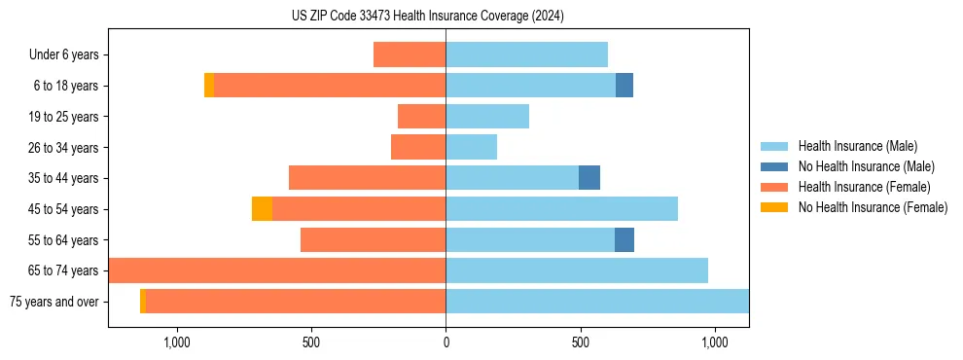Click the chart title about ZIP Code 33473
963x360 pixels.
pyautogui.click(x=427, y=16)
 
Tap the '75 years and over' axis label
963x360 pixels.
pyautogui.click(x=54, y=302)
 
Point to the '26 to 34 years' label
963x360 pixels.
pyautogui.click(x=64, y=148)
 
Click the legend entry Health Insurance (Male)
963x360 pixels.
pyautogui.click(x=857, y=146)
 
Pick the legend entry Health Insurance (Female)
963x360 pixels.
pyautogui.click(x=864, y=187)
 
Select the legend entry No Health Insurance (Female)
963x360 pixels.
pyautogui.click(x=873, y=207)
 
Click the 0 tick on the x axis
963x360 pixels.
pyautogui.click(x=446, y=343)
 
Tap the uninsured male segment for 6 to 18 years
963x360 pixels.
pyautogui.click(x=624, y=86)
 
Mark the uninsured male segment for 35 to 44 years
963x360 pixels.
pyautogui.click(x=589, y=178)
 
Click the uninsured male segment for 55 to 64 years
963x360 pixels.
pyautogui.click(x=624, y=239)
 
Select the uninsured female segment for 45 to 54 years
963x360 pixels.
pyautogui.click(x=262, y=209)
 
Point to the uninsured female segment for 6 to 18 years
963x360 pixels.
pyautogui.click(x=209, y=86)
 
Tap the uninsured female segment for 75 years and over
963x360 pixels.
pyautogui.click(x=143, y=302)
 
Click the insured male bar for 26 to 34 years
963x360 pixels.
pyautogui.click(x=471, y=147)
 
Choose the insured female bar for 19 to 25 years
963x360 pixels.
pyautogui.click(x=421, y=117)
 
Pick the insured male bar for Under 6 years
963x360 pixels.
pyautogui.click(x=526, y=54)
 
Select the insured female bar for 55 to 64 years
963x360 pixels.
pyautogui.click(x=373, y=239)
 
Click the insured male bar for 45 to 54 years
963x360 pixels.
pyautogui.click(x=561, y=209)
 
